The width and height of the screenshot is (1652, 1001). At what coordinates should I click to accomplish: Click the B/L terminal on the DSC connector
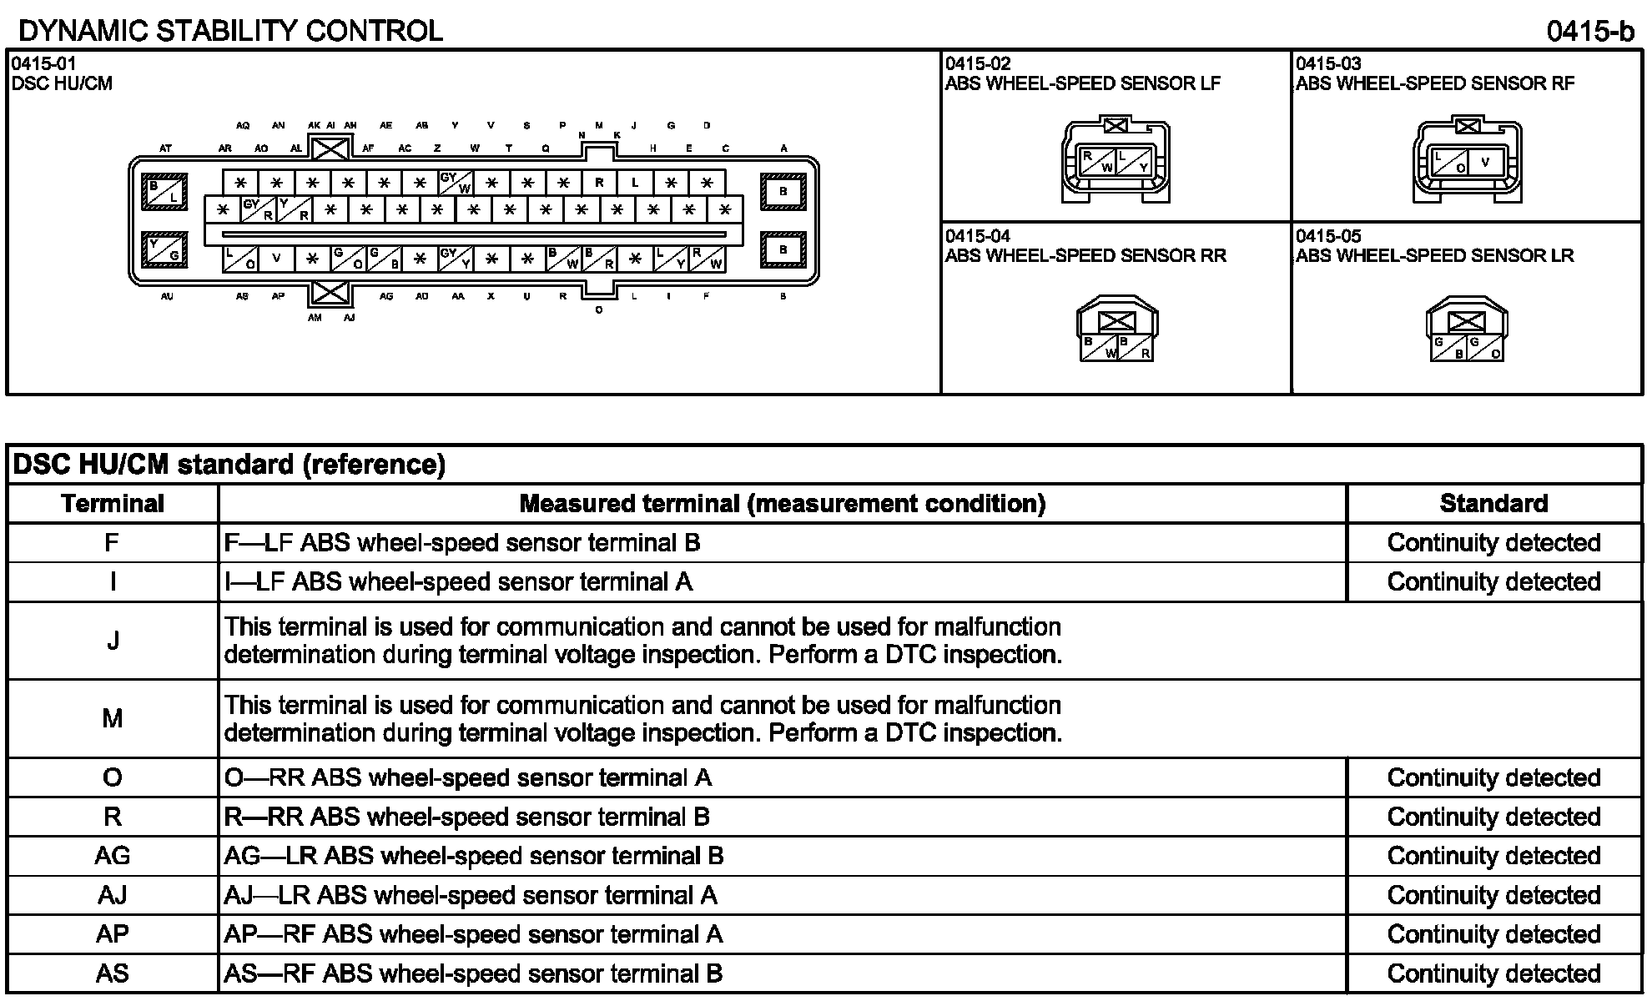(x=165, y=192)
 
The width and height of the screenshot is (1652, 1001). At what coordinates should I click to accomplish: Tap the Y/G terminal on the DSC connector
(x=164, y=249)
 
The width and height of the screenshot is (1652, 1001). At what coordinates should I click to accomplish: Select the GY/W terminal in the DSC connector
(x=456, y=183)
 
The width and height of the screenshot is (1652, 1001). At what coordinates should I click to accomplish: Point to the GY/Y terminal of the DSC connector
(x=456, y=259)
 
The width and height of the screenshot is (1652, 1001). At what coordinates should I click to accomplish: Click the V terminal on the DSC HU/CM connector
(x=276, y=259)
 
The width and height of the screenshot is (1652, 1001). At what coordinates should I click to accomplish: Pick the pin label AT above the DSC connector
(x=165, y=148)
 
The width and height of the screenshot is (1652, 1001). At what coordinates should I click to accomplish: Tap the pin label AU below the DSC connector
(x=167, y=296)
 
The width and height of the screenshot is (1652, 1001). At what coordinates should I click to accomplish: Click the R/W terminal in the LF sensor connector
(x=1097, y=162)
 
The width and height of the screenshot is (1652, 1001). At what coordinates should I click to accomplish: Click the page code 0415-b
(x=1589, y=31)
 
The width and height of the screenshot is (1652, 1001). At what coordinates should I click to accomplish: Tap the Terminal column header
(x=113, y=504)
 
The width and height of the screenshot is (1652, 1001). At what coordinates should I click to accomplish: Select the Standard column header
(x=1493, y=504)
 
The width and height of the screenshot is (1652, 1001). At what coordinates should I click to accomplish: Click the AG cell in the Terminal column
(x=113, y=856)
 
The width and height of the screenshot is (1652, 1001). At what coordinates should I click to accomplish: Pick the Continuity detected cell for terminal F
(x=1493, y=543)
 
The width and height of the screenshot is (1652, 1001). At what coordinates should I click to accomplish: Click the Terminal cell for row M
(x=113, y=718)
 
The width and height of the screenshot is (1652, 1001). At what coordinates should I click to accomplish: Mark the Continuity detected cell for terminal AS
(x=1493, y=973)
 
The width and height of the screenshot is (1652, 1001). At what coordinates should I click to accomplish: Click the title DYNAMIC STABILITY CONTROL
(x=230, y=31)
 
